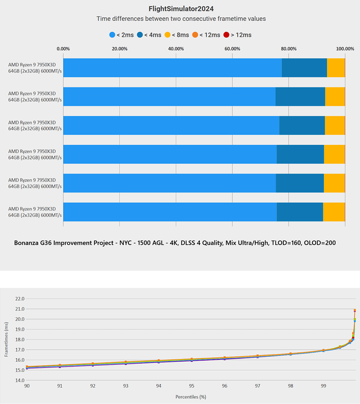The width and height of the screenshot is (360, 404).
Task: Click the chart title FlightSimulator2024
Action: pos(181,8)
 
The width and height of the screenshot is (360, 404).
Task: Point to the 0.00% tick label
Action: pos(63,49)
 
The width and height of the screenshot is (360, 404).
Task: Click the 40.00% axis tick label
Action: pos(176,49)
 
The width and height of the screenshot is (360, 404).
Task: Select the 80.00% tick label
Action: pos(289,49)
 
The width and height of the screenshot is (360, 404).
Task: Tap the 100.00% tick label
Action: pos(344,49)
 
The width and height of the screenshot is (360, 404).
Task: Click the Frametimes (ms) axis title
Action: pos(7,339)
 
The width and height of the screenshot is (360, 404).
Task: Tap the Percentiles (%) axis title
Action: pos(191,397)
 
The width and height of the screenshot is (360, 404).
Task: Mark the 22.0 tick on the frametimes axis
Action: pos(20,299)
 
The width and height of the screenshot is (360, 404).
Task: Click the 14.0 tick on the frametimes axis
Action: pos(20,380)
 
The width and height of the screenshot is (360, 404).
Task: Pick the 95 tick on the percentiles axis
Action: pos(191,386)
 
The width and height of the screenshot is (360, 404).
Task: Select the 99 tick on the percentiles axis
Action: pos(323,386)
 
